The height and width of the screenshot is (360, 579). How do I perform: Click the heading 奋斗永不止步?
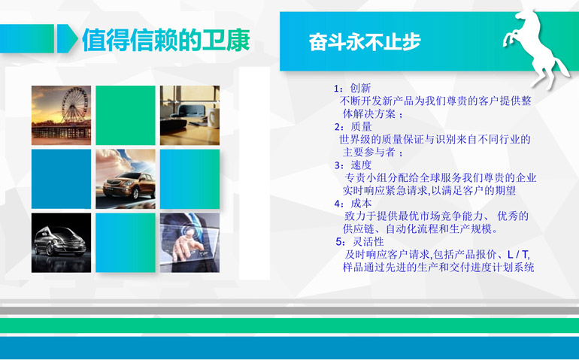(365, 41)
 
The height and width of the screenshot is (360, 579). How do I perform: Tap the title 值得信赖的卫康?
(166, 40)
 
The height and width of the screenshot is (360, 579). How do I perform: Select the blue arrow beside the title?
(67, 38)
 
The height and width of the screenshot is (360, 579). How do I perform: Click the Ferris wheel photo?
(62, 115)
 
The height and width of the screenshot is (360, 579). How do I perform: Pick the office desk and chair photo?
(189, 115)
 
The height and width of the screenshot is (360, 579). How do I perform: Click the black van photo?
(62, 243)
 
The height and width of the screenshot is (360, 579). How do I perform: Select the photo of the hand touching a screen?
(189, 243)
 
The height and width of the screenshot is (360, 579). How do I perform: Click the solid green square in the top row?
(126, 115)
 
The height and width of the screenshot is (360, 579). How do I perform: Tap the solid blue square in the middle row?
(62, 179)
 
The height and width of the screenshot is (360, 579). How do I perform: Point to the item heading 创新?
(360, 88)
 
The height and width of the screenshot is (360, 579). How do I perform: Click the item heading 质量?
(361, 127)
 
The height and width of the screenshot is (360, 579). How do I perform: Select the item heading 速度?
(361, 165)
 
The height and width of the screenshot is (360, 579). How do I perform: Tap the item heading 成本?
(361, 204)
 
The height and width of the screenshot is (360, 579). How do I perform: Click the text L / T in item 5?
(518, 254)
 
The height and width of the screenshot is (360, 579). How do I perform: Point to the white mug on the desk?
(214, 116)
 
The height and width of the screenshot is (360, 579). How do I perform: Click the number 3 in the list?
(337, 165)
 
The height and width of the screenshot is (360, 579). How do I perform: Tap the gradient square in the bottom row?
(126, 243)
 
